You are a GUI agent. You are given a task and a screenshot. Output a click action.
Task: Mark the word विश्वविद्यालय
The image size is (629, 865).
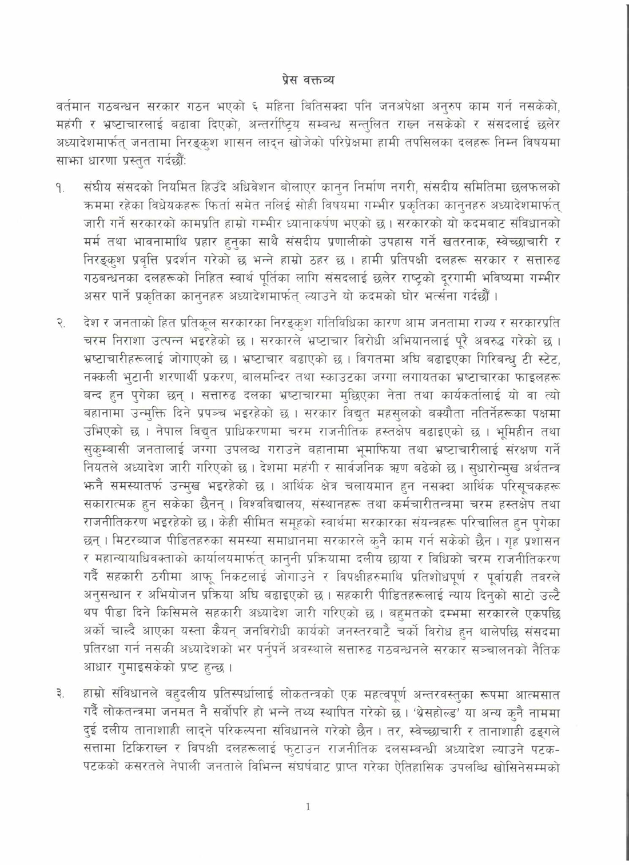273,506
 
